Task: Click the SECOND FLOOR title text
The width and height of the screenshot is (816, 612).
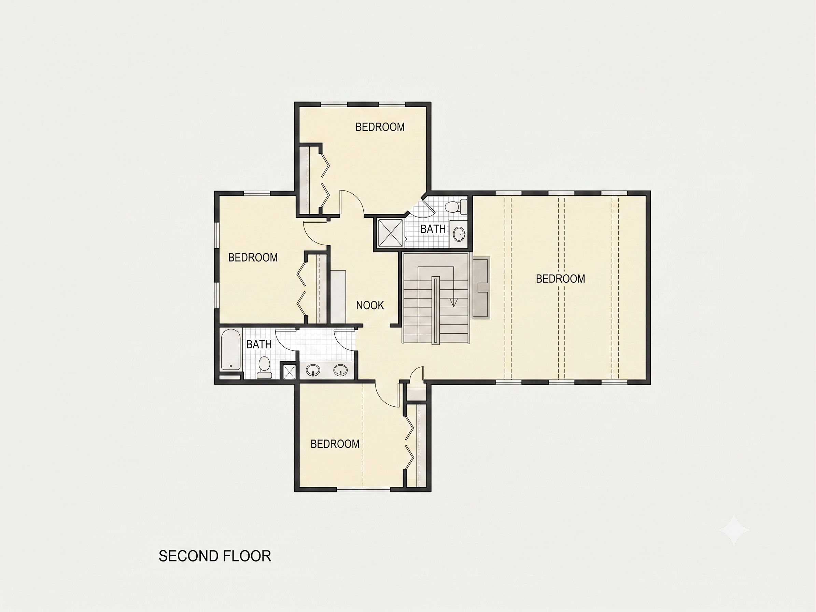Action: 215,556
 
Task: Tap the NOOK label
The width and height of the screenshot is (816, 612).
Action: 370,305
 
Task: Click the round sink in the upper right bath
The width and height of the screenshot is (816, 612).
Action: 459,234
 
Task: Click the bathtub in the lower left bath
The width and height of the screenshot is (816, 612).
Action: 230,349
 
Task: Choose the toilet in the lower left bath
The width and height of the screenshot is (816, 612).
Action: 264,367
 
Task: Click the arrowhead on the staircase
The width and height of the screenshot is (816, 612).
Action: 454,303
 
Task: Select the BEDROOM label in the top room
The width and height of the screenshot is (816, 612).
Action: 380,127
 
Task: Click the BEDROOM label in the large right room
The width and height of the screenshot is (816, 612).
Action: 560,279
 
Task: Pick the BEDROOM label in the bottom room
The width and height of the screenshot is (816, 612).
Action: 335,444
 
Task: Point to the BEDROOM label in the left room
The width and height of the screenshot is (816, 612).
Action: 253,257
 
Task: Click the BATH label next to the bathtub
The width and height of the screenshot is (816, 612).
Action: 259,344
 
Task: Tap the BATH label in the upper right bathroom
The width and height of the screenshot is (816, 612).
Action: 433,229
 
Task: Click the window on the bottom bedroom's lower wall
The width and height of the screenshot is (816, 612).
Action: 364,489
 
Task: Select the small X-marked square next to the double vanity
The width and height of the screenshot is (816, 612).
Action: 289,372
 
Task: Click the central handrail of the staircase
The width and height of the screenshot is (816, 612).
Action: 436,311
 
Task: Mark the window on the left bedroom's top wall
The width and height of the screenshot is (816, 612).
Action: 257,193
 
